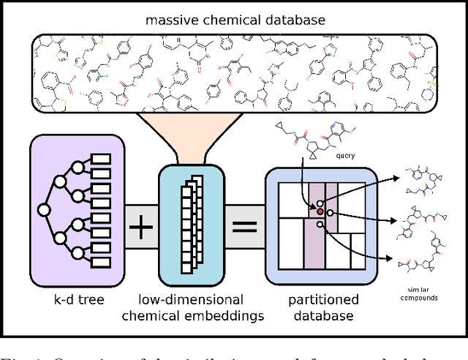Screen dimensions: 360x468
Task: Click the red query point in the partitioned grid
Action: [x=320, y=212]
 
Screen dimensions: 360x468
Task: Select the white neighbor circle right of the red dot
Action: [x=331, y=214]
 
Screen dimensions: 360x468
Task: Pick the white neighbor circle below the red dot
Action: [x=320, y=225]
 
